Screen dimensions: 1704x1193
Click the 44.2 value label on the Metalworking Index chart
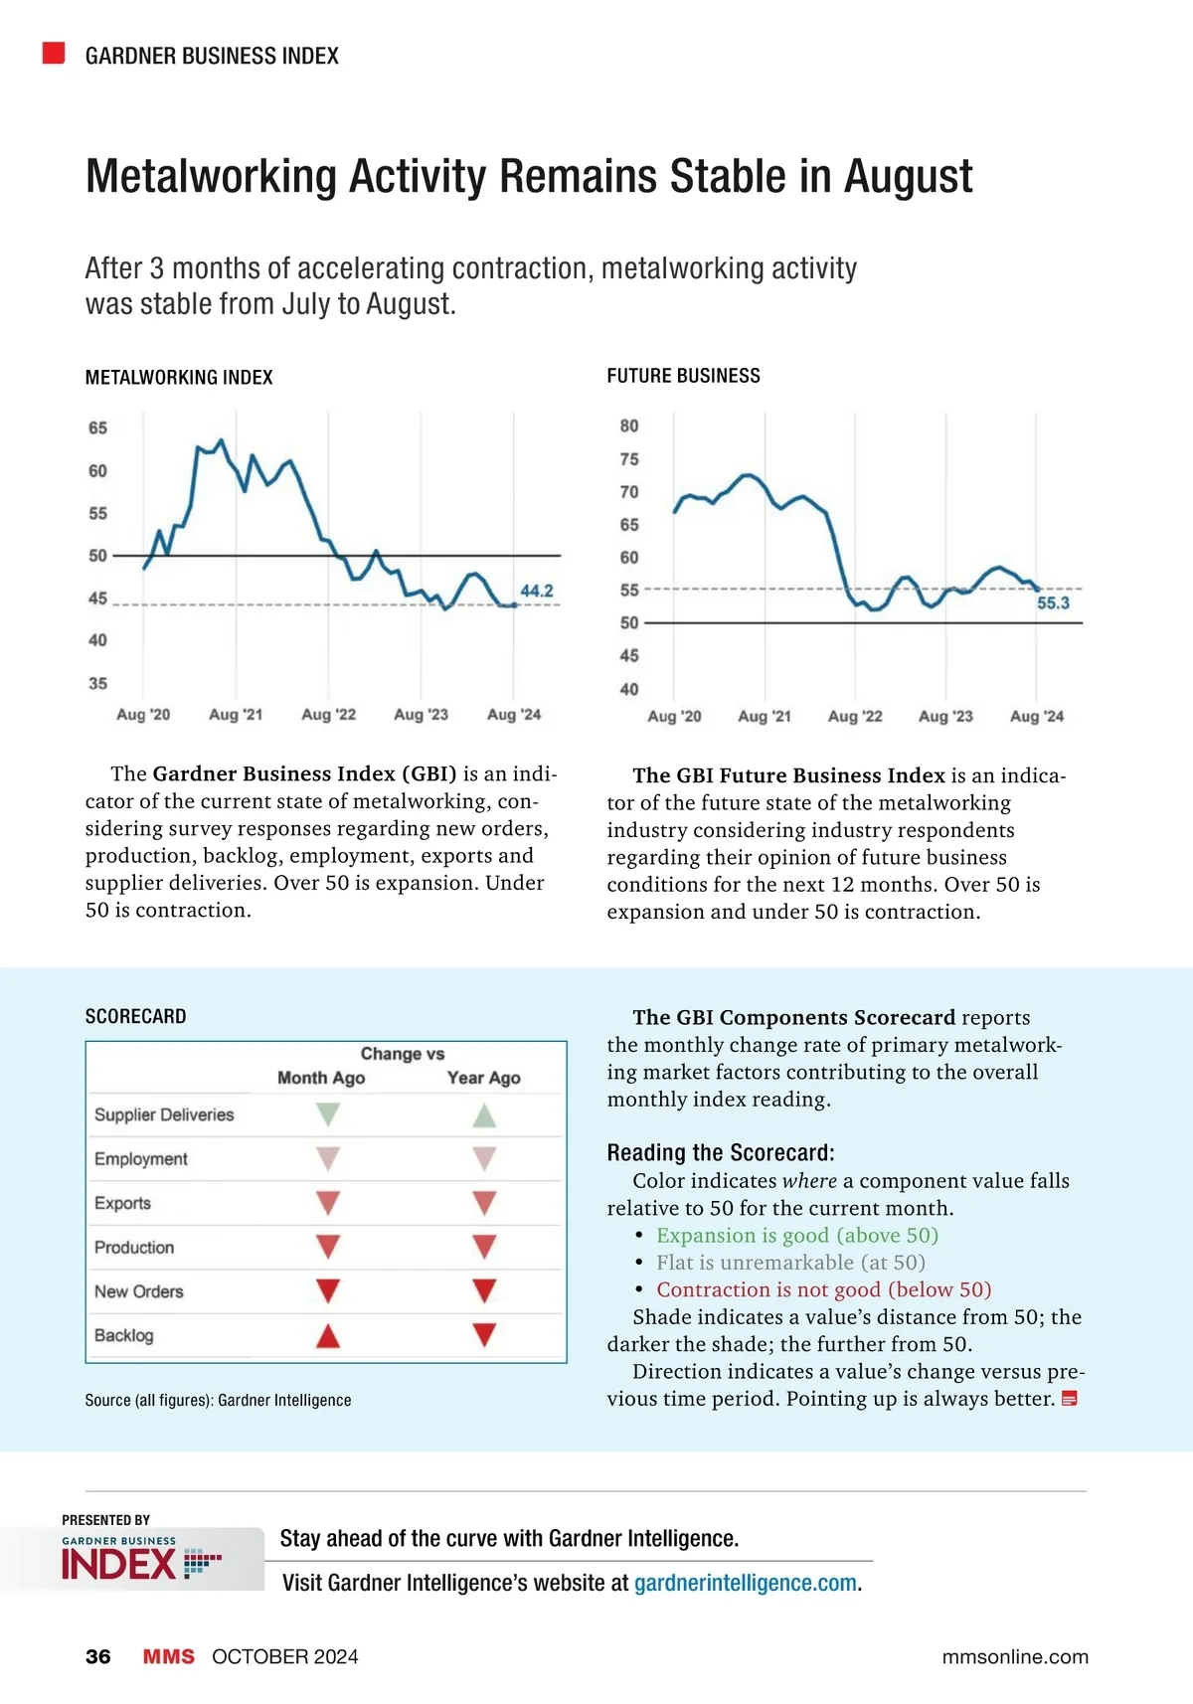click(x=537, y=591)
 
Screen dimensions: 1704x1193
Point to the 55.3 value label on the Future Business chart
click(x=1053, y=603)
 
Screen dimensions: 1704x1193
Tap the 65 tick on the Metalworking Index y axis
click(x=97, y=428)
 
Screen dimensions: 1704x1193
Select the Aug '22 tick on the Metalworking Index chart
click(x=328, y=715)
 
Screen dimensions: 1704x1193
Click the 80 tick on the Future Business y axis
click(x=629, y=426)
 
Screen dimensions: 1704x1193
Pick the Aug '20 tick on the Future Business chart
click(x=674, y=717)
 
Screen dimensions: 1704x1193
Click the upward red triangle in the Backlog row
click(x=328, y=1336)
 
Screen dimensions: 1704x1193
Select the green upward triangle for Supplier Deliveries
click(x=484, y=1115)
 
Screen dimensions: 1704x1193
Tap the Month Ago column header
click(x=321, y=1078)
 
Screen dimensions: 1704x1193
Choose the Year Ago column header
click(x=484, y=1078)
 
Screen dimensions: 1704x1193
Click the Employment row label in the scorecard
click(x=141, y=1159)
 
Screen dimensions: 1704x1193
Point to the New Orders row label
click(x=139, y=1291)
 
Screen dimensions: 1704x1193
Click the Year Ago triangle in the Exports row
click(x=484, y=1203)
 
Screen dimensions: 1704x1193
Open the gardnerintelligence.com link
click(x=746, y=1583)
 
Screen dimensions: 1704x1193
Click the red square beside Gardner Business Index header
click(x=54, y=54)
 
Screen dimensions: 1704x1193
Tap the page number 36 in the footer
click(x=98, y=1656)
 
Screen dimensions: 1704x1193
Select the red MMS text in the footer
click(x=169, y=1656)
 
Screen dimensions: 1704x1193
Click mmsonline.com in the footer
click(x=1015, y=1656)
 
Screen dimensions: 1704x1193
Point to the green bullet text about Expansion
click(x=796, y=1236)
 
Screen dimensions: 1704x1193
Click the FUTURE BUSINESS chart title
click(x=683, y=376)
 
